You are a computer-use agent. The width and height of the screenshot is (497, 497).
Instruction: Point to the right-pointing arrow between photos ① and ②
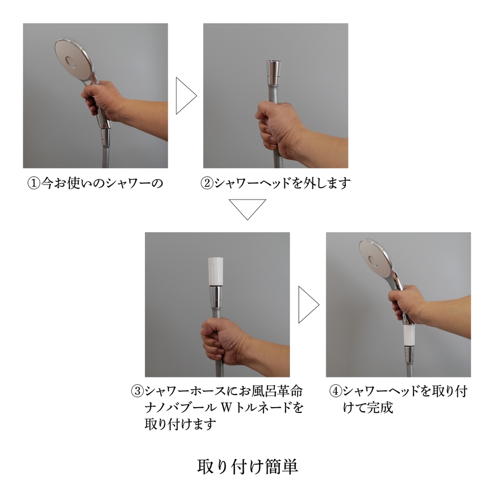coord(185,96)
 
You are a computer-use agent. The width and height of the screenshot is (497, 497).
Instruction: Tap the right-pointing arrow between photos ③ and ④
coord(308,305)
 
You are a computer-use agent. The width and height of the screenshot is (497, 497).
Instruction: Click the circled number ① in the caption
coord(34,184)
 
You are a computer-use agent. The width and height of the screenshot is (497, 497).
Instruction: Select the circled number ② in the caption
coord(207,184)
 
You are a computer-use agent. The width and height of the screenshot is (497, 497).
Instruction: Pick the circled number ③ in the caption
coord(137,392)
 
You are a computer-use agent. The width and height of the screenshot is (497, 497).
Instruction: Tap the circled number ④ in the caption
coord(335,392)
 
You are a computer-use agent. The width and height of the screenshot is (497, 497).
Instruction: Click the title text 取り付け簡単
coord(247,466)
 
